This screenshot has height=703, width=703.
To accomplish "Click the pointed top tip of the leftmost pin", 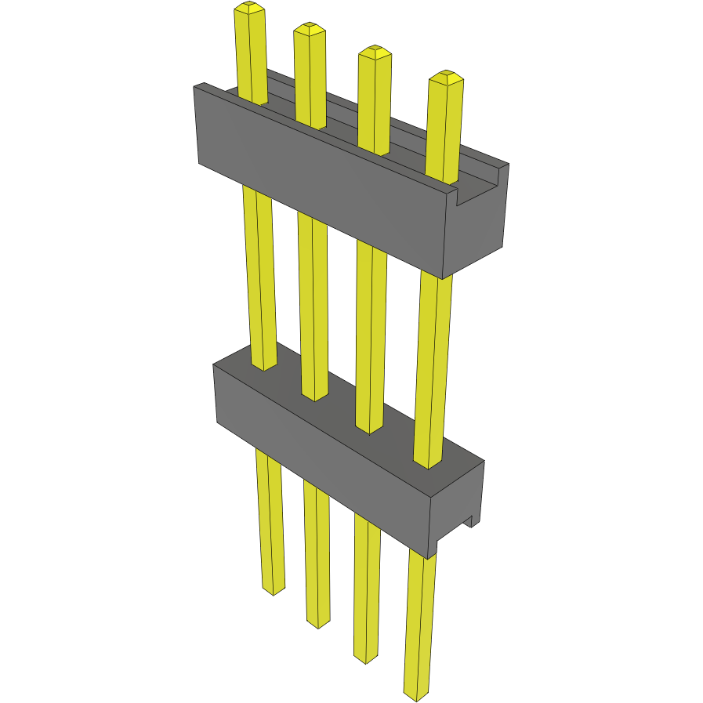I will (x=249, y=8).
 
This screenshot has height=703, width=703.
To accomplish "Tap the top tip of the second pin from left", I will (x=310, y=29).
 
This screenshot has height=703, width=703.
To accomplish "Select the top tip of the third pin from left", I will (x=375, y=52).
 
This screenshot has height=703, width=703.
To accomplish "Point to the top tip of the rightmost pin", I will (x=446, y=76).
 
